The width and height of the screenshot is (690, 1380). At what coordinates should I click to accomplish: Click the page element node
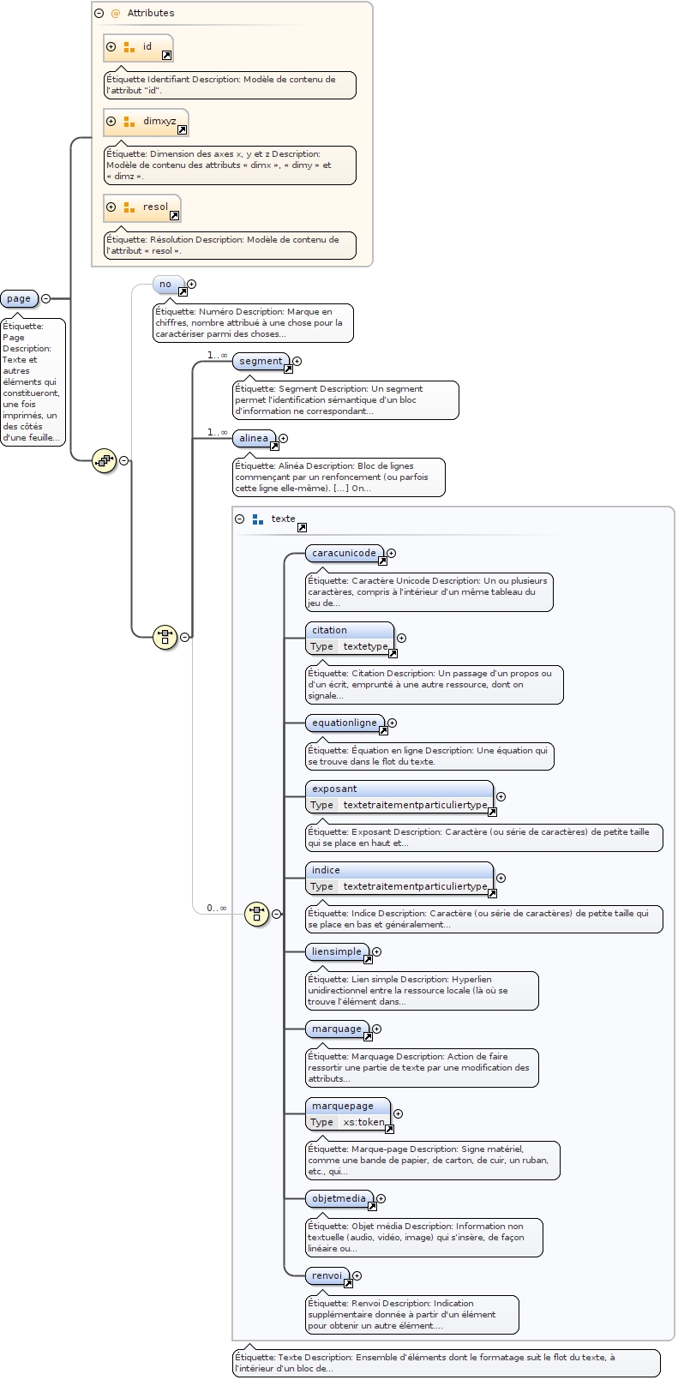pyautogui.click(x=19, y=298)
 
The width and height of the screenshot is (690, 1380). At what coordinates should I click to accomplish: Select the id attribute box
pyautogui.click(x=138, y=47)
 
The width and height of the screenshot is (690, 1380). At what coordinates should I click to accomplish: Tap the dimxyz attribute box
pyautogui.click(x=146, y=122)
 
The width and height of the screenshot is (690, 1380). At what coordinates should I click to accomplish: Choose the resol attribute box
pyautogui.click(x=142, y=207)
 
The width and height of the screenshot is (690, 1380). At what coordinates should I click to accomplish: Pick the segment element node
pyautogui.click(x=261, y=362)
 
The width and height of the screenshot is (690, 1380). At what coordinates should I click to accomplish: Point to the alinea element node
pyautogui.click(x=255, y=439)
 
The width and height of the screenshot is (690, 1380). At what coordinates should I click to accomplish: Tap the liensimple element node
pyautogui.click(x=337, y=952)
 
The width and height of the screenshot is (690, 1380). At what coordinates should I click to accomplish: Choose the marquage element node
pyautogui.click(x=337, y=1029)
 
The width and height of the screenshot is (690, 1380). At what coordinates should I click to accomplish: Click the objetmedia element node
pyautogui.click(x=339, y=1199)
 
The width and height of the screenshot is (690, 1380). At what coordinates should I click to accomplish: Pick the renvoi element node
pyautogui.click(x=327, y=1276)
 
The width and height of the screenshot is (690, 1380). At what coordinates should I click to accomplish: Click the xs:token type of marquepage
pyautogui.click(x=364, y=1122)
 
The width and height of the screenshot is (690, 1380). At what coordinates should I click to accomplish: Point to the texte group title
pyautogui.click(x=283, y=519)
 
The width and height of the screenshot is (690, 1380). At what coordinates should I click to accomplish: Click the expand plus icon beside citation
pyautogui.click(x=401, y=639)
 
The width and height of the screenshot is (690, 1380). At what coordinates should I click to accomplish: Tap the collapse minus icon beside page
pyautogui.click(x=46, y=298)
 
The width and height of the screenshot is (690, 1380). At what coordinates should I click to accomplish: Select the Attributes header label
pyautogui.click(x=151, y=13)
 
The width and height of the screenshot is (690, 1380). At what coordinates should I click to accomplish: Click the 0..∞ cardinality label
pyautogui.click(x=216, y=908)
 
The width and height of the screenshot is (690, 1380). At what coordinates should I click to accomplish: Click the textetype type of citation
pyautogui.click(x=365, y=646)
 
